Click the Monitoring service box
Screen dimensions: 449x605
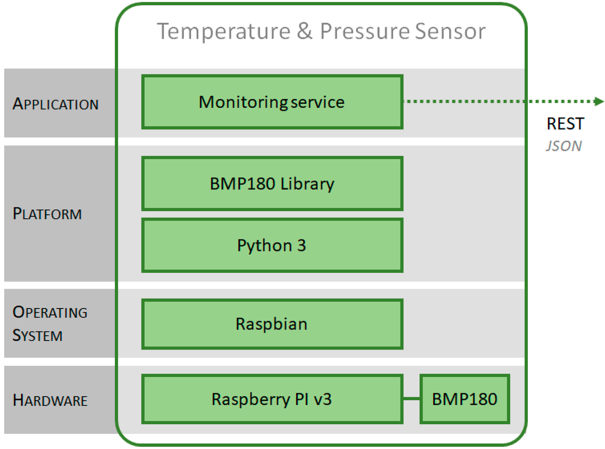coord(272,102)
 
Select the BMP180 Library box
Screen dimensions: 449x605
coord(272,183)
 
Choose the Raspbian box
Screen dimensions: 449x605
coord(272,324)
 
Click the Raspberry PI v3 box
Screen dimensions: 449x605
coord(272,399)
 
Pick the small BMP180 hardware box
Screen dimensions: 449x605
coord(464,399)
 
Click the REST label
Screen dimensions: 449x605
coord(565,124)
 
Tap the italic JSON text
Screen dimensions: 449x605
coord(563,146)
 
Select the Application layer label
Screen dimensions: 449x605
coord(56,104)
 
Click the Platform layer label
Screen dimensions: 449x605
coord(47,214)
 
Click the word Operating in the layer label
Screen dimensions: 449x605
coord(50,312)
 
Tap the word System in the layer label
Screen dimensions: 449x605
coord(38,335)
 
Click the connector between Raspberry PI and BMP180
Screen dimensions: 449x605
coord(411,398)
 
